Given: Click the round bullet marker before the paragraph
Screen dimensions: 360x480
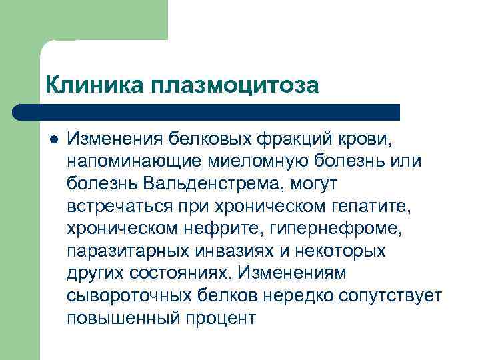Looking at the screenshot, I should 54,140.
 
